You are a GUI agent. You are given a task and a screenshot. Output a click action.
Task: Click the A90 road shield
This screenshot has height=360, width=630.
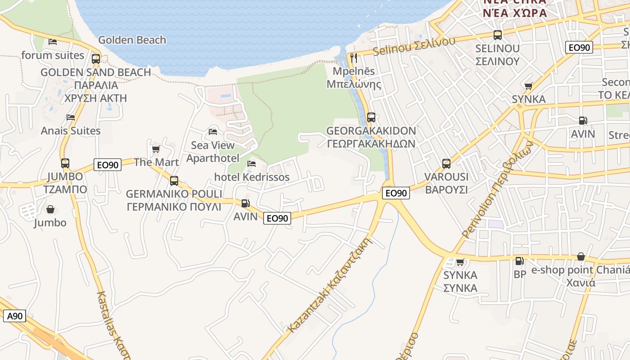click(x=15, y=316)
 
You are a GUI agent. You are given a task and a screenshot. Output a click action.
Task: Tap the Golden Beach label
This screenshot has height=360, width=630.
click(x=132, y=40)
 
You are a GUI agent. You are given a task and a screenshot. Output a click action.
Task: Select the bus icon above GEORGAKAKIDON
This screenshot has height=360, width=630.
click(x=371, y=117)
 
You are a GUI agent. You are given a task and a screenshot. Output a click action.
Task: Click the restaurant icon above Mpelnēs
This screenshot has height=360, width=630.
click(x=354, y=58)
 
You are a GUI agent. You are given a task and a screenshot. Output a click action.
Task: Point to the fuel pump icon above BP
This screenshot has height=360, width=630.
click(x=519, y=261)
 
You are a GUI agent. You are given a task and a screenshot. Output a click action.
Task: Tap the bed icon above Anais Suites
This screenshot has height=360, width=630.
click(x=71, y=117)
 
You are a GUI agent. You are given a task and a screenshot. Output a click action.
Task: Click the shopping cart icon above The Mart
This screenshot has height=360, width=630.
click(x=156, y=149)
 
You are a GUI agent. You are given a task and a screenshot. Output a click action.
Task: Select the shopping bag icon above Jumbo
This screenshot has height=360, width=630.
click(x=50, y=209)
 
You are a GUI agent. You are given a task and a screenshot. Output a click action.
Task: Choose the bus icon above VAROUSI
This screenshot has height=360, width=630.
click(x=446, y=164)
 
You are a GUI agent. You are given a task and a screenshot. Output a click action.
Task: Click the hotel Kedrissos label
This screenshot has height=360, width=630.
click(x=252, y=177)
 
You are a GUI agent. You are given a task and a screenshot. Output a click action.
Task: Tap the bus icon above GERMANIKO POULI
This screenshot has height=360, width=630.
click(x=174, y=181)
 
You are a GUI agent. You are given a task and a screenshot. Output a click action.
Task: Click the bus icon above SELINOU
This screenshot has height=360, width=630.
click(x=497, y=35)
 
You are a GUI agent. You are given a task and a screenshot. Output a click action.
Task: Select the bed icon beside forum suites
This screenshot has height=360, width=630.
click(x=53, y=42)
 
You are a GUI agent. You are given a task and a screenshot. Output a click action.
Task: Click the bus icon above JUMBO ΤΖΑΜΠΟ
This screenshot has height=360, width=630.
click(x=65, y=163)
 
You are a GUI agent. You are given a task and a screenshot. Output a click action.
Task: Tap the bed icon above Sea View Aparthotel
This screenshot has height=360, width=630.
click(x=213, y=132)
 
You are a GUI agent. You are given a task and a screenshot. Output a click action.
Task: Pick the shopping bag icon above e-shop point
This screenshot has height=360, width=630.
click(x=581, y=257)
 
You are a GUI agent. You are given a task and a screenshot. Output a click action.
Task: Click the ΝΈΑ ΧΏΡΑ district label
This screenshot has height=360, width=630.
click(x=515, y=13)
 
